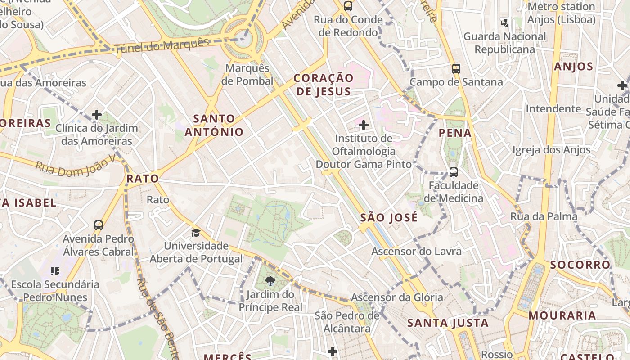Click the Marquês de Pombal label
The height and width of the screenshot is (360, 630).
pyautogui.click(x=247, y=75)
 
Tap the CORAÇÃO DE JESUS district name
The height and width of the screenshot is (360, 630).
pyautogui.click(x=323, y=85)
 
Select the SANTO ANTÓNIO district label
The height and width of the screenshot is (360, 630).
pyautogui.click(x=214, y=126)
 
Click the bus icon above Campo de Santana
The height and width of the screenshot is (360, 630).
pyautogui.click(x=456, y=69)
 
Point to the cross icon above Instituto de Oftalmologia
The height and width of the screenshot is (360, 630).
pyautogui.click(x=364, y=125)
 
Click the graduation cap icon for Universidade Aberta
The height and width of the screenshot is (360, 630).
pyautogui.click(x=196, y=233)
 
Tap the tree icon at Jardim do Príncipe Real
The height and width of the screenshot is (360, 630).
pyautogui.click(x=270, y=282)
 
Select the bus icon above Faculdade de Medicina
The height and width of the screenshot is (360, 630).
pyautogui.click(x=454, y=172)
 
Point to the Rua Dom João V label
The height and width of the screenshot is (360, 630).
pyautogui.click(x=75, y=166)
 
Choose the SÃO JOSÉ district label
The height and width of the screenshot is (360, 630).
pyautogui.click(x=389, y=218)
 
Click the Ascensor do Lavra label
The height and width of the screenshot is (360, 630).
pyautogui.click(x=416, y=251)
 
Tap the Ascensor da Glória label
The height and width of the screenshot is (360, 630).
pyautogui.click(x=397, y=297)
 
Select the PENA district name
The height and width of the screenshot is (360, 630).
pyautogui.click(x=455, y=133)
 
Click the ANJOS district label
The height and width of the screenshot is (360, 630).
pyautogui.click(x=574, y=67)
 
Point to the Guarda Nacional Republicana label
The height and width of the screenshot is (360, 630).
pyautogui.click(x=504, y=43)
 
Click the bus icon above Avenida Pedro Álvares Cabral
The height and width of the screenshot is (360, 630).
pyautogui.click(x=99, y=225)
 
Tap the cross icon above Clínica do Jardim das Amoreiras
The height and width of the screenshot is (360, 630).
pyautogui.click(x=97, y=115)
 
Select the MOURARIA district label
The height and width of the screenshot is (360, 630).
pyautogui.click(x=562, y=315)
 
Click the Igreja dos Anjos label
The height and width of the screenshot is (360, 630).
pyautogui.click(x=551, y=150)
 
